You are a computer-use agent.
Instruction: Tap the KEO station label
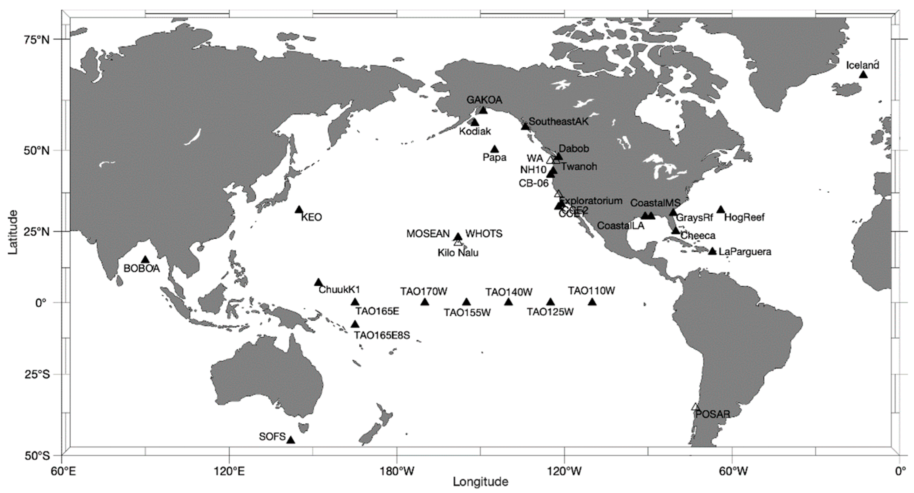[x=311, y=217]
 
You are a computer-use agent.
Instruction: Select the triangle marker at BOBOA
[x=145, y=260]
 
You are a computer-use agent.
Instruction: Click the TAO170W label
[x=424, y=291]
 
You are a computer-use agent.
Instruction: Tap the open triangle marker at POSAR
[x=695, y=407]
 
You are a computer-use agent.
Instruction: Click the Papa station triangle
[x=494, y=149]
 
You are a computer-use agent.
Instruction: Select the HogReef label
[x=744, y=217]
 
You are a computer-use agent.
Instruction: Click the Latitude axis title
[x=13, y=231]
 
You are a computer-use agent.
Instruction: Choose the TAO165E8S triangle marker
[x=355, y=324]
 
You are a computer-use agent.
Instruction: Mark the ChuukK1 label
[x=339, y=290]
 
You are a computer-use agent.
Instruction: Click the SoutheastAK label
[x=559, y=121]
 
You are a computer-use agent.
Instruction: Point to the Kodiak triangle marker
[x=475, y=122]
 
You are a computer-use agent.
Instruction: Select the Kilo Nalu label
[x=458, y=253]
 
